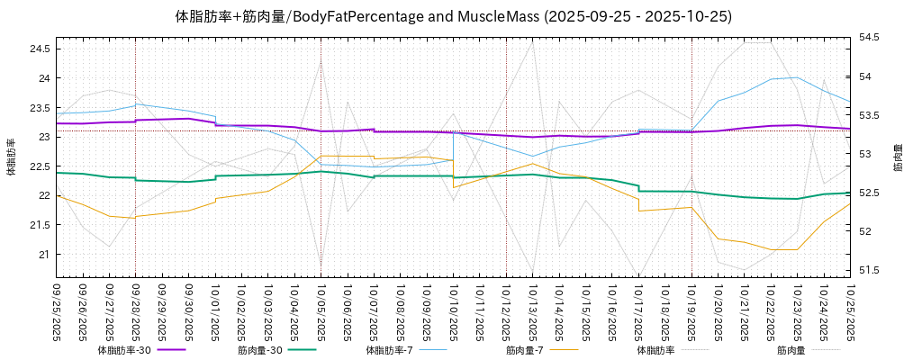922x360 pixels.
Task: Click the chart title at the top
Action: point(453,17)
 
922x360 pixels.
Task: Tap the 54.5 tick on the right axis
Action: point(869,38)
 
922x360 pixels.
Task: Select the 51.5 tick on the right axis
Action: point(869,270)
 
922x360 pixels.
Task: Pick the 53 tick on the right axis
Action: point(864,154)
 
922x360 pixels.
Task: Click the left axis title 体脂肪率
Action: point(12,157)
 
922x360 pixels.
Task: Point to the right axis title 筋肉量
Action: point(898,157)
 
